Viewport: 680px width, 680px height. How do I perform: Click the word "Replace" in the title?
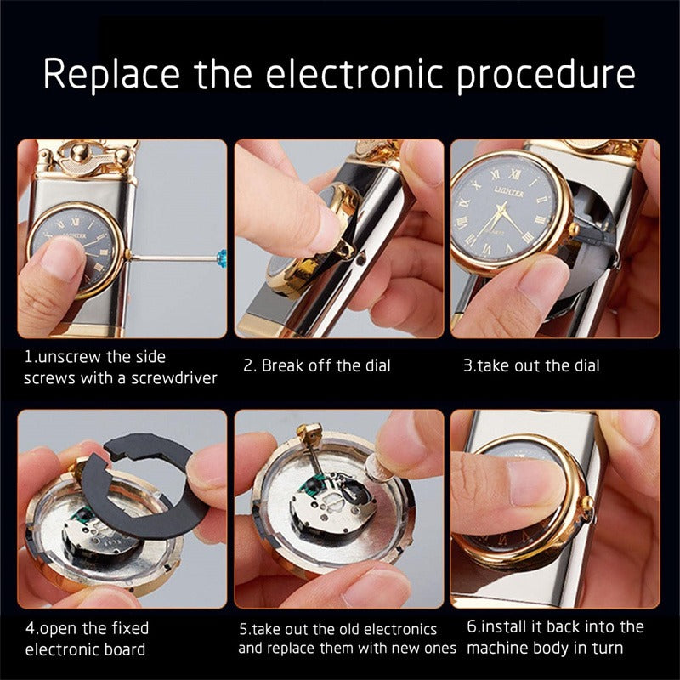pos(111,74)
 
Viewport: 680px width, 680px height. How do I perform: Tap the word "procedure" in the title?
pos(546,75)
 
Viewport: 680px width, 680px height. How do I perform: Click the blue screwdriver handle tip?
pos(222,258)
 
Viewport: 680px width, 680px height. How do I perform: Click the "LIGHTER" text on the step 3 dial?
pos(508,192)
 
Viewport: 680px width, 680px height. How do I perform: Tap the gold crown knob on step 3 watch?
pos(575,229)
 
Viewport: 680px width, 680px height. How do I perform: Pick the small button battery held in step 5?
pos(380,468)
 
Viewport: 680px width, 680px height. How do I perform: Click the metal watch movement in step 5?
pos(333,504)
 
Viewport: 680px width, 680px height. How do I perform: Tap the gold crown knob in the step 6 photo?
pos(587,504)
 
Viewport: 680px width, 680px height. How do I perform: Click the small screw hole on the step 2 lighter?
pos(360,260)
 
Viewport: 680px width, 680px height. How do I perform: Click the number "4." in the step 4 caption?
pos(31,628)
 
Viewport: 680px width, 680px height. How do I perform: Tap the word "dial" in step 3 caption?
pos(587,365)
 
